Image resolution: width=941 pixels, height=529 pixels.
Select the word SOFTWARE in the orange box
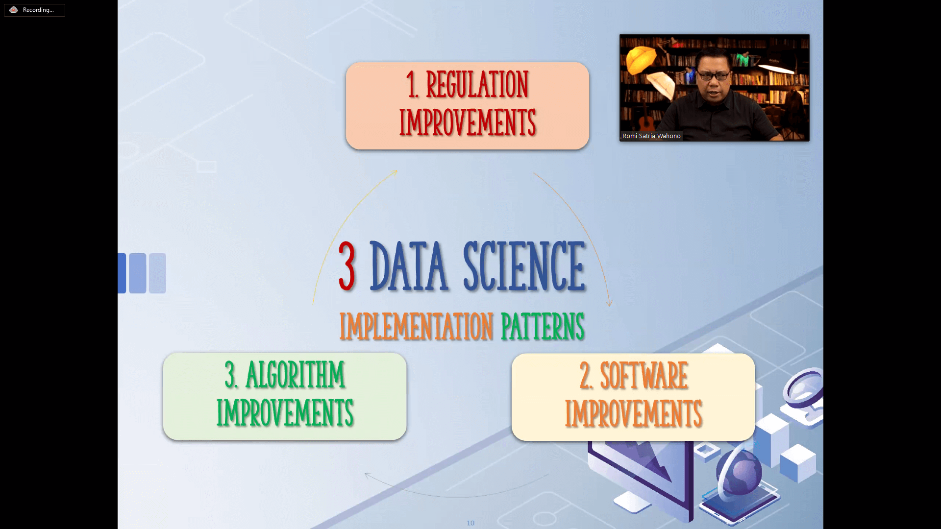[x=644, y=376]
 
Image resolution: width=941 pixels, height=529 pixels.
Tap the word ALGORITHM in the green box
[x=296, y=375]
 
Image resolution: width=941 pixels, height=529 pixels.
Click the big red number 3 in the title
[x=347, y=266]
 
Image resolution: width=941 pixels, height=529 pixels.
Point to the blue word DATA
[x=409, y=266]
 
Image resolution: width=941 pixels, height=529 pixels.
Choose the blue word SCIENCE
[x=524, y=266]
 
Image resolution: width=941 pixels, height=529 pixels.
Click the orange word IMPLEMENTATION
[x=416, y=327]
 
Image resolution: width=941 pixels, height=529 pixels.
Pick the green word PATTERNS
[x=543, y=327]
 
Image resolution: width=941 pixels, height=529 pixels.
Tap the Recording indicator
[x=34, y=10]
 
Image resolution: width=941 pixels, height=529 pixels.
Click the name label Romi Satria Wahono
[x=651, y=136]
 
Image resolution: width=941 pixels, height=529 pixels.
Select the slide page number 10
[x=470, y=523]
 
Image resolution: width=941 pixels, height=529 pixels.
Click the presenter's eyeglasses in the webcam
[x=714, y=75]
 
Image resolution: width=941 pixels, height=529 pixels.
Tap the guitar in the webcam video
[x=647, y=125]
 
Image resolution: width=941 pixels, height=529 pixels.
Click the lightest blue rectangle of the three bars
[x=157, y=273]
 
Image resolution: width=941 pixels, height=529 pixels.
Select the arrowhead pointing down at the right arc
[x=609, y=303]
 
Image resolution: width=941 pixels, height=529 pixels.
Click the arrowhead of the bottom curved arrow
[x=368, y=475]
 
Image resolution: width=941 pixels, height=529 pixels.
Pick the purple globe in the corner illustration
[x=739, y=472]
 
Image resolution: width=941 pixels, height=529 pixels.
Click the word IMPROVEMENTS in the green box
[x=285, y=412]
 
